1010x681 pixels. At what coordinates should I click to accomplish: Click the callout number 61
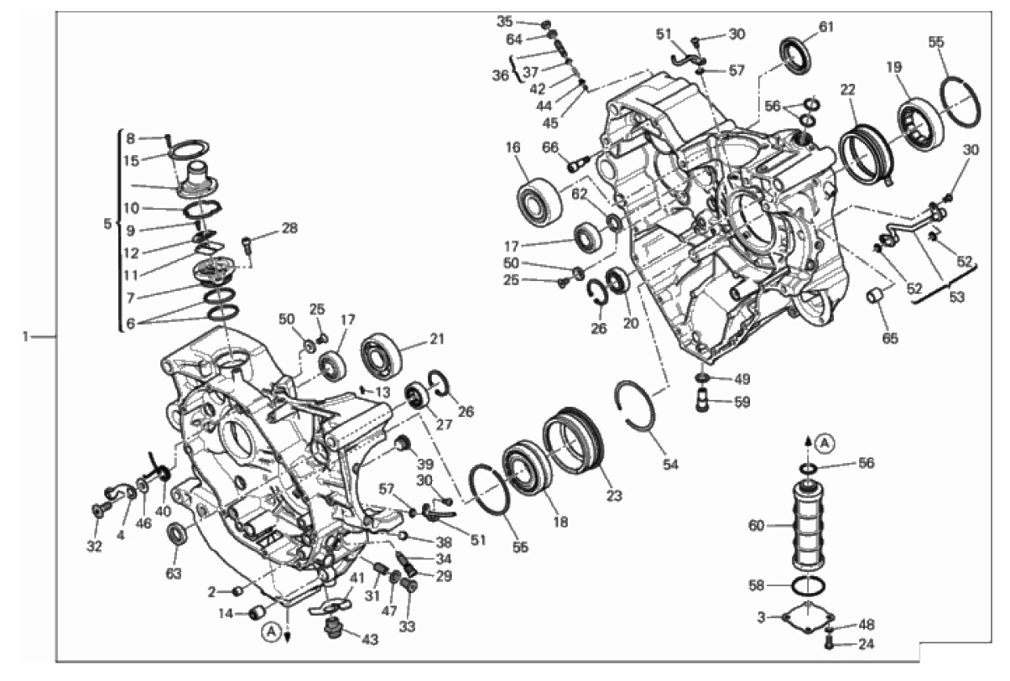coord(825,27)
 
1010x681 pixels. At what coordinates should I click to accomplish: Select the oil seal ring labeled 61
coord(795,55)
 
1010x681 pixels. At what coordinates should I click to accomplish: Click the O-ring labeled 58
coord(809,585)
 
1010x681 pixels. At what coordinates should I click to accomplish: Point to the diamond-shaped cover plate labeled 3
coord(809,618)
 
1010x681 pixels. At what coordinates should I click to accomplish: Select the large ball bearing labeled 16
coord(539,202)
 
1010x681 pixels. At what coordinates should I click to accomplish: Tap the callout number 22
coord(847,90)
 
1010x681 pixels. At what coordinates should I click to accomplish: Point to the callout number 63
coord(174,574)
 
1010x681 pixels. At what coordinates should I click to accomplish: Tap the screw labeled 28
coord(247,247)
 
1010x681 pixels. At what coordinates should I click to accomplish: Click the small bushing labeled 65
coord(875,298)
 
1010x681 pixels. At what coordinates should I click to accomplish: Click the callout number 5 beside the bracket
coord(107,224)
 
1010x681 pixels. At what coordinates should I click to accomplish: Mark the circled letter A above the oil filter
coord(825,444)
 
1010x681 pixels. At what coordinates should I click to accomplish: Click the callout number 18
coord(561,522)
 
